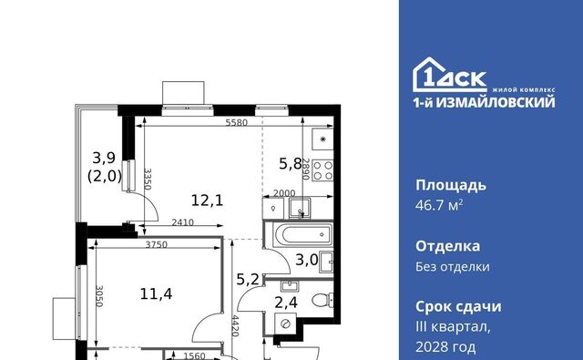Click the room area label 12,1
click(x=207, y=201)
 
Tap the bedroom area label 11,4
click(x=156, y=294)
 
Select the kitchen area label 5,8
click(x=291, y=163)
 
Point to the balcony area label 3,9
click(x=104, y=158)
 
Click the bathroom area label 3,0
click(x=307, y=260)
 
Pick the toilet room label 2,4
click(x=286, y=303)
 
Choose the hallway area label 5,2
click(x=248, y=279)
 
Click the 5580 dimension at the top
click(x=237, y=122)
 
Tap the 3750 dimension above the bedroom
click(x=156, y=245)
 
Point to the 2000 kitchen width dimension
click(x=284, y=193)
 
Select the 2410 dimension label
click(x=182, y=222)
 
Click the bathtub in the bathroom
click(x=302, y=234)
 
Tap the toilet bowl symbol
click(x=322, y=299)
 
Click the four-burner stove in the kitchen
click(x=322, y=170)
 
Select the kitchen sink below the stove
click(x=300, y=209)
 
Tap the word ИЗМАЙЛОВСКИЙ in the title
click(x=496, y=102)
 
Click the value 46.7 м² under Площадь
click(x=439, y=205)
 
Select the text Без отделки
click(x=453, y=267)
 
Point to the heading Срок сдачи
click(x=458, y=307)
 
